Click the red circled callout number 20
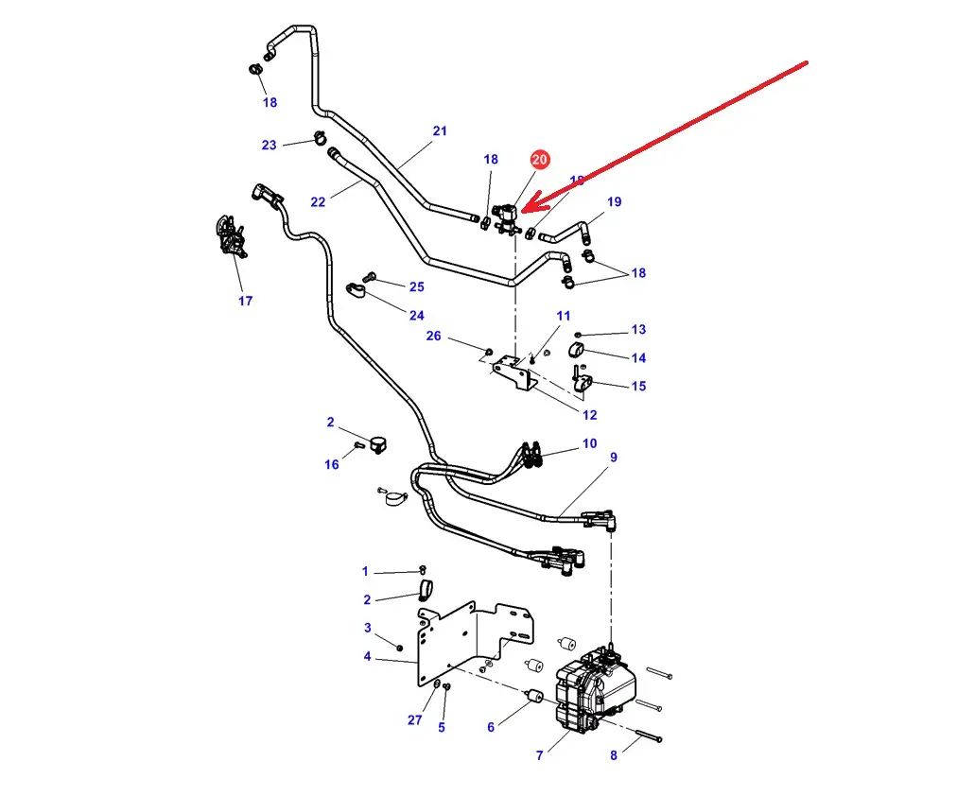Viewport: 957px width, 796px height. [539, 161]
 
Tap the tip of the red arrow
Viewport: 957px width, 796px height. [522, 206]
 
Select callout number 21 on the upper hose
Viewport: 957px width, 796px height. [440, 131]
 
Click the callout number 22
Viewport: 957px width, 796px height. [318, 201]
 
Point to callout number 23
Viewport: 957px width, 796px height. [270, 145]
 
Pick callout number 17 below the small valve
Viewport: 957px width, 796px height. [246, 301]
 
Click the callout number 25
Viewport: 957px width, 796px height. [417, 286]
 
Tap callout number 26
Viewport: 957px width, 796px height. [434, 336]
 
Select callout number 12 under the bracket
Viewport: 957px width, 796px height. [590, 414]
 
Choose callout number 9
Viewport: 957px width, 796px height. [614, 458]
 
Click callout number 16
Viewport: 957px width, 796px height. [332, 464]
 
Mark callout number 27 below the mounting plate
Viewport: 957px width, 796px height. [415, 719]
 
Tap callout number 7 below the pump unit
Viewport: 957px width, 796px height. [540, 755]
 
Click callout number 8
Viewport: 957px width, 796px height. [613, 754]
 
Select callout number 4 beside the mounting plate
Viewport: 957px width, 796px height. [367, 656]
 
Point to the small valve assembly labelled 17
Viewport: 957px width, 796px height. [228, 235]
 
